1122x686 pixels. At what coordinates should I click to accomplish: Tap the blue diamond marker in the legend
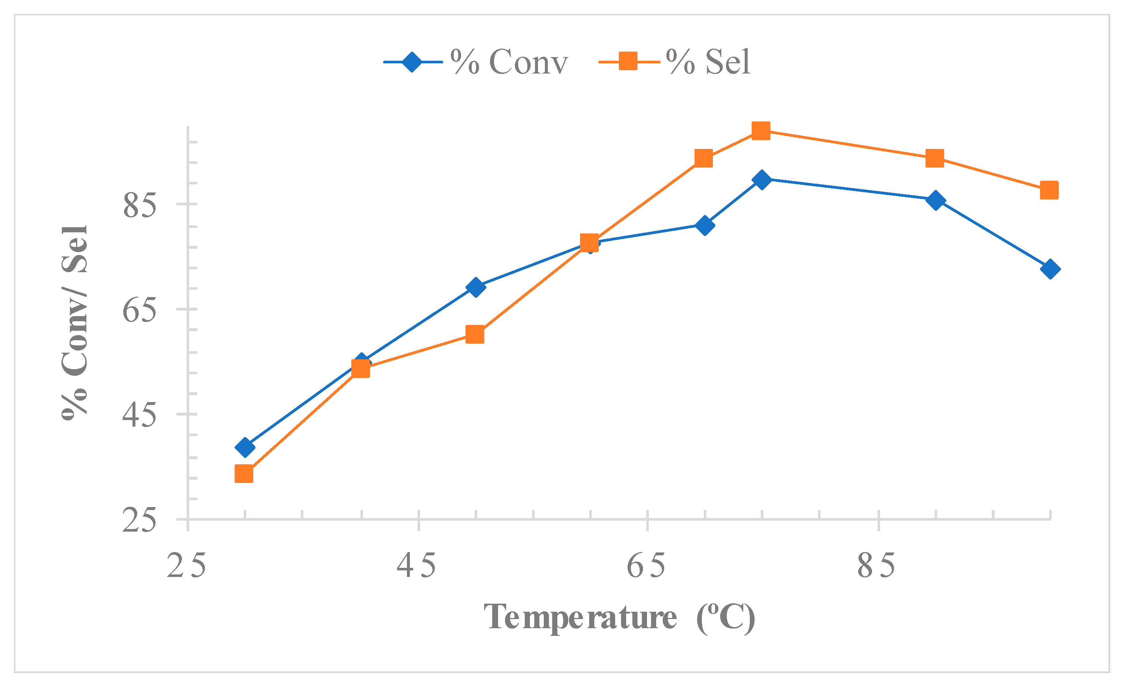(412, 62)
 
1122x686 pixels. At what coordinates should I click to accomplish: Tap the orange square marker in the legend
(628, 61)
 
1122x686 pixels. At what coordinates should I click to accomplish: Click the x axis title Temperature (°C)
(619, 618)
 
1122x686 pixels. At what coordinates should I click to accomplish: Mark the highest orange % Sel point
(761, 131)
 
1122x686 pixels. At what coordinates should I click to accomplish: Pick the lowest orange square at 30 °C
(244, 474)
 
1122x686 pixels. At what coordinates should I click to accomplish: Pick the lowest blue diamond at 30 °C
(245, 447)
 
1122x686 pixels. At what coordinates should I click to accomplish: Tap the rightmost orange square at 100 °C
(1049, 190)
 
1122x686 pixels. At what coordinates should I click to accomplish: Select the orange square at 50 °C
(475, 334)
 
